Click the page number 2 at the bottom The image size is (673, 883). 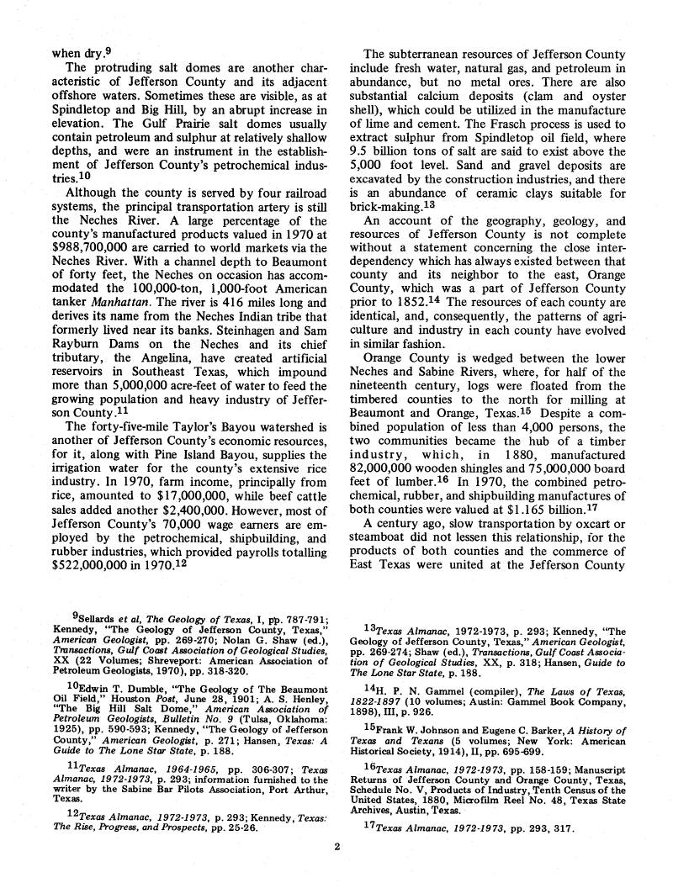click(336, 847)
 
